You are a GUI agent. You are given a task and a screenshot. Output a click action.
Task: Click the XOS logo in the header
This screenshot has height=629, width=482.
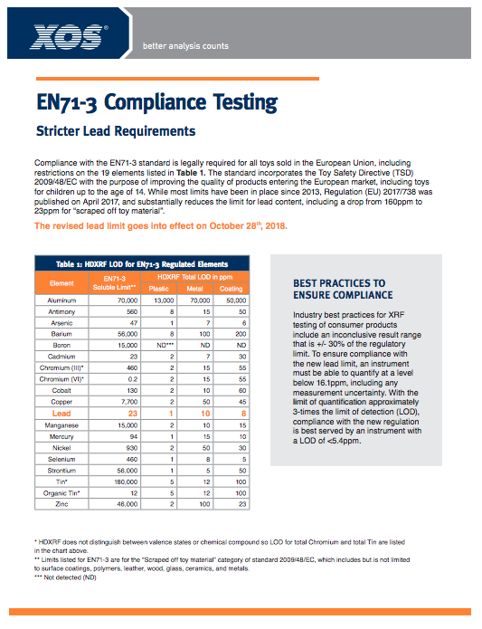tap(70, 36)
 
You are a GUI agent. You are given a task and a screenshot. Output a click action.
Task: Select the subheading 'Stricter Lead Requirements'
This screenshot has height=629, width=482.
tap(116, 131)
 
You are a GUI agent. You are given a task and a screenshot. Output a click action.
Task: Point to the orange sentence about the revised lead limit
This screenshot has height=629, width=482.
tap(161, 225)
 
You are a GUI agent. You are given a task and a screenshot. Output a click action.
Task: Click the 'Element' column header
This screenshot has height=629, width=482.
tap(61, 282)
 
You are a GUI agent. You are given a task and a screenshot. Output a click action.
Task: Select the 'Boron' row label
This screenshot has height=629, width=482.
tap(61, 344)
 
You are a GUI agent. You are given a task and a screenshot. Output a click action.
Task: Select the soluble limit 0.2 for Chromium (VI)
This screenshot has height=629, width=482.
tap(128, 378)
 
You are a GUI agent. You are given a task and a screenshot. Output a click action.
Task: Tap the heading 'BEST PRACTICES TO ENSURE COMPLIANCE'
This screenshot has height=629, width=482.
tap(343, 289)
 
